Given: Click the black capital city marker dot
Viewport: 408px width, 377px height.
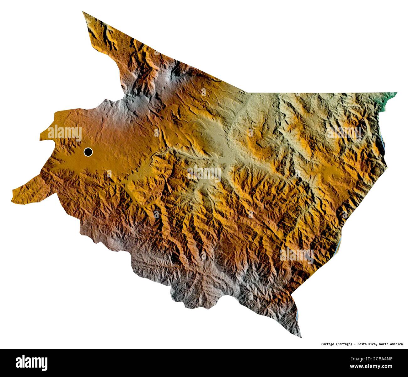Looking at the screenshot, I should click(88, 152).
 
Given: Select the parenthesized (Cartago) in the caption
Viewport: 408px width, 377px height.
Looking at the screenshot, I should click(345, 344).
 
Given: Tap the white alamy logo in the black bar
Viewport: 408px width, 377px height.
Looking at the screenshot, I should click(32, 363).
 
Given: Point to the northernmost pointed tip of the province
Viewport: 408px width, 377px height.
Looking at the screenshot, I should click(83, 12).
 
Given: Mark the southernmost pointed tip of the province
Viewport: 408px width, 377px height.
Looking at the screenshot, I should click(301, 337).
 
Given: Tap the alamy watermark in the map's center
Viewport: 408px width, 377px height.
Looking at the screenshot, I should click(204, 173).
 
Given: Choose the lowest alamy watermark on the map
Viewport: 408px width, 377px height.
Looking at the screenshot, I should click(297, 255).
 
